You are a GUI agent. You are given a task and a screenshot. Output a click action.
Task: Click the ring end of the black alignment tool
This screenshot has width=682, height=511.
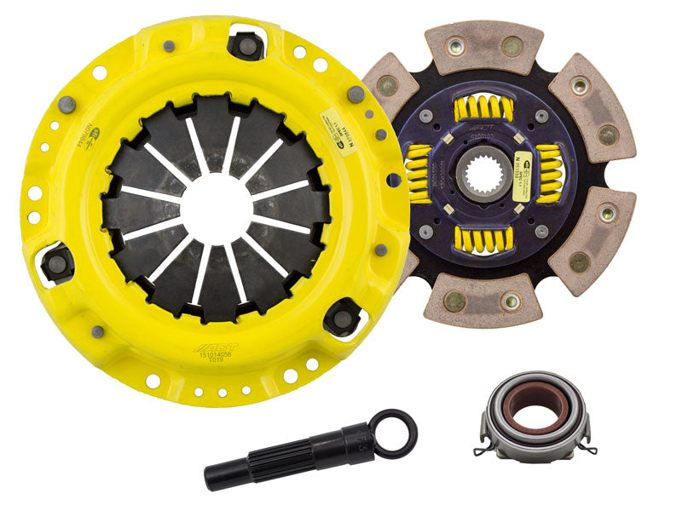click(x=397, y=431)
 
